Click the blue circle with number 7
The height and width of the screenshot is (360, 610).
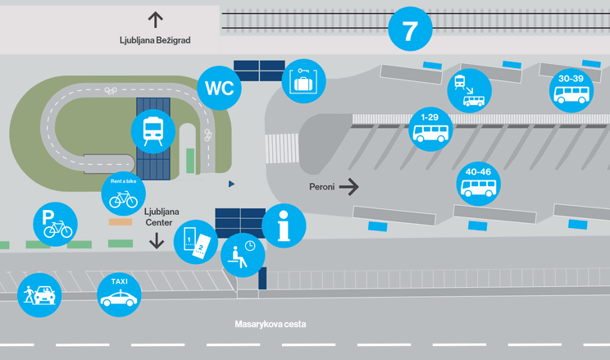coord(410,29)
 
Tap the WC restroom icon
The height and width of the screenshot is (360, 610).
coord(220,88)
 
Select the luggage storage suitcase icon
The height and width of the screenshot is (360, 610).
coord(303,81)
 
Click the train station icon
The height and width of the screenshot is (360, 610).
coord(152,131)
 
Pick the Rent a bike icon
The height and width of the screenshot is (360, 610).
coord(123,194)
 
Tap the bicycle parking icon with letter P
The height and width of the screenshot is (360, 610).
coord(55,224)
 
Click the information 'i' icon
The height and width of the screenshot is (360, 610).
coord(284,226)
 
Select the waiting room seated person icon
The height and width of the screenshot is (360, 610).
coord(243,255)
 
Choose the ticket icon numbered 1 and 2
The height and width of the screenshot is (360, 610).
coord(196,242)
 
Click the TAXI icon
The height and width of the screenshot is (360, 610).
coord(119,294)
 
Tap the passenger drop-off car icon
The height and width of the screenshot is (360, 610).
coord(39,295)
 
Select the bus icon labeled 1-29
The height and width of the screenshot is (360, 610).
coord(430,129)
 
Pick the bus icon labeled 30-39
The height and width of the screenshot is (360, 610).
coord(571,90)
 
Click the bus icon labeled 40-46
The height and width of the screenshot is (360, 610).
coord(478,184)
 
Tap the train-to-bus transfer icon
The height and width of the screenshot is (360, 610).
coord(469,91)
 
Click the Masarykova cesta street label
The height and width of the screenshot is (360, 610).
coord(271,324)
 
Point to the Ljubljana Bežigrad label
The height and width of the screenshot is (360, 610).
coord(155,40)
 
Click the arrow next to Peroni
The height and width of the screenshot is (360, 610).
coord(349,187)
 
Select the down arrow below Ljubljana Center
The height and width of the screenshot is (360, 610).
coord(157,241)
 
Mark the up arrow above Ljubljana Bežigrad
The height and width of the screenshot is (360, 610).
coord(155,20)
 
